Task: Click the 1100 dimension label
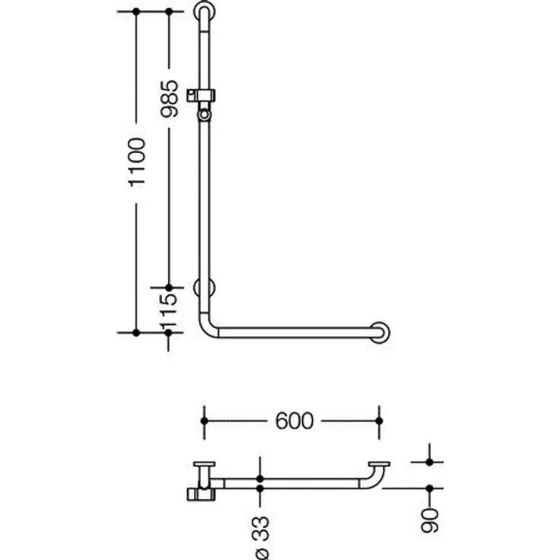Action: point(138,163)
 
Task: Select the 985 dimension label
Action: point(169,99)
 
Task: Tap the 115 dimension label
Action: point(169,310)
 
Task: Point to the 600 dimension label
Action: point(294,421)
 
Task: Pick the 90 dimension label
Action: point(429,520)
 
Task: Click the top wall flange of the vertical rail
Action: point(204,11)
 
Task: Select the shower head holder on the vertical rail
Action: point(202,103)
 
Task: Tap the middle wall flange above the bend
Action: point(204,288)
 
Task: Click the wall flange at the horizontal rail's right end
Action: point(379,332)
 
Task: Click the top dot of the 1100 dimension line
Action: point(136,11)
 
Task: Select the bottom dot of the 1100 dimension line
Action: point(136,332)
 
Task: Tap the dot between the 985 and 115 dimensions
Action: point(169,288)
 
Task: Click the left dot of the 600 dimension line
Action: point(204,421)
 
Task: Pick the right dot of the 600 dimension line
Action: point(379,421)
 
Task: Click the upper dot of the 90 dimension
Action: point(430,462)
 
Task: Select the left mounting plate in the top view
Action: point(204,464)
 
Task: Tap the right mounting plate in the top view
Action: point(379,464)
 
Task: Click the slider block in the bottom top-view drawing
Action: point(201,495)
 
